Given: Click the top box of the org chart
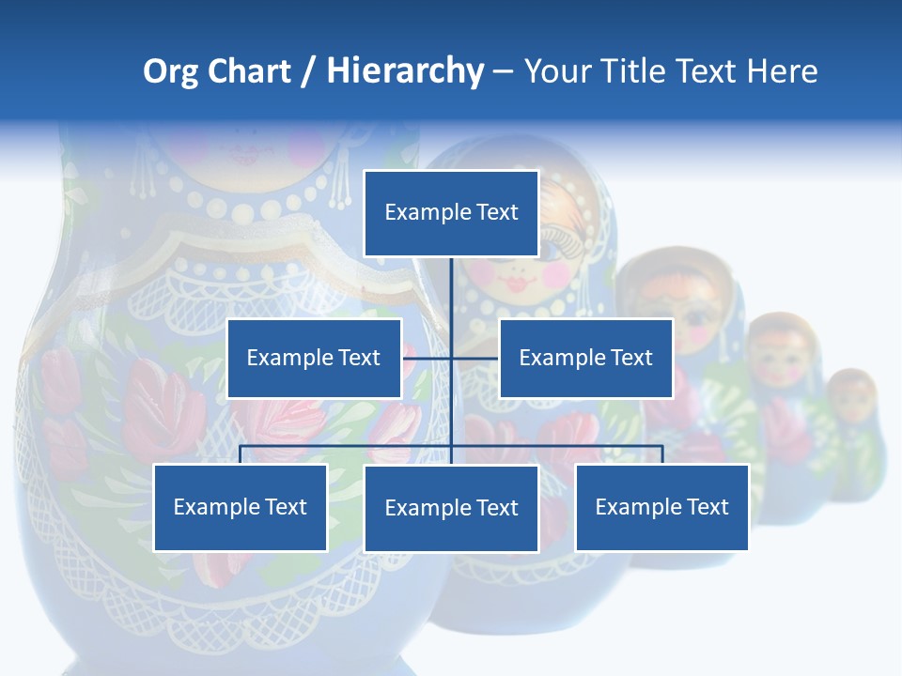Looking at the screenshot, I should [x=451, y=213].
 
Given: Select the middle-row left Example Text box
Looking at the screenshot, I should [x=314, y=358].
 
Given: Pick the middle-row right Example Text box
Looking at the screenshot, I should [x=585, y=358].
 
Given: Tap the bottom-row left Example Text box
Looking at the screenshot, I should [x=241, y=507].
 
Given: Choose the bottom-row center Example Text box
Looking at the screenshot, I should [x=451, y=508].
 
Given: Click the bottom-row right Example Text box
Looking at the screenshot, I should [x=661, y=507].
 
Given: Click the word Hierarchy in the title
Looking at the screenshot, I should [x=405, y=70].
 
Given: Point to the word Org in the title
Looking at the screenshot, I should [x=170, y=70].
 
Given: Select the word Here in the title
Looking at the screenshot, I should [x=782, y=70].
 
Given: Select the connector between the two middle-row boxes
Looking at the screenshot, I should [x=451, y=358].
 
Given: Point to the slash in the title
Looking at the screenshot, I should [x=308, y=71].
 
